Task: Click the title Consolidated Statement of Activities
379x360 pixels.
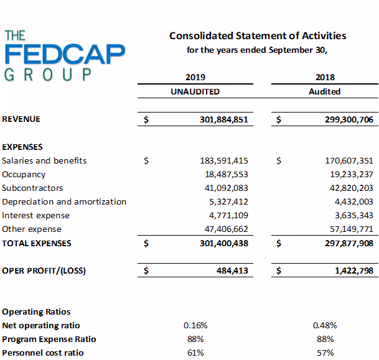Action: click(x=258, y=36)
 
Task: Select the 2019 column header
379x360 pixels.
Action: click(x=195, y=78)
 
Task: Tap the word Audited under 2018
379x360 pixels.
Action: click(x=325, y=91)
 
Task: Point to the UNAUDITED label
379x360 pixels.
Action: click(x=195, y=91)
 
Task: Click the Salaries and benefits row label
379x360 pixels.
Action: click(x=44, y=160)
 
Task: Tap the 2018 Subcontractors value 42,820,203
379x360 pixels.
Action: click(x=349, y=188)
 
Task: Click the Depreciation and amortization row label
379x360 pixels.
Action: click(x=64, y=201)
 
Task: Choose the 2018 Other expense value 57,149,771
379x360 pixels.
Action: click(x=349, y=229)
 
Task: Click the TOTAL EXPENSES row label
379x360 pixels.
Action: click(x=37, y=243)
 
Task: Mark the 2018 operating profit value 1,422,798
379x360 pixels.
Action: click(x=353, y=270)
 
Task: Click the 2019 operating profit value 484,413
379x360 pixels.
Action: click(x=233, y=270)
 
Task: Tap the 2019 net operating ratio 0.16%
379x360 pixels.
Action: click(x=195, y=325)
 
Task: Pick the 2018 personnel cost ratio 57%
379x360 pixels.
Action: click(x=325, y=353)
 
